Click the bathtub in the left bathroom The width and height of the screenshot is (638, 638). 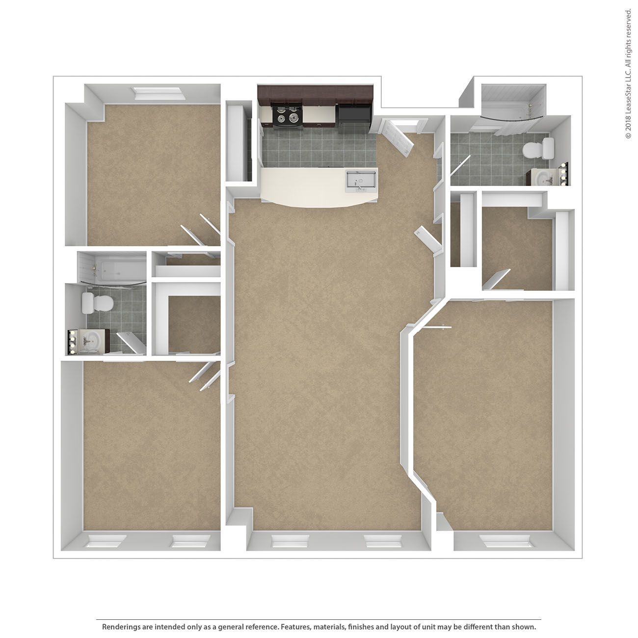(x=113, y=269)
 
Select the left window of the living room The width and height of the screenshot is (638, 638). (x=291, y=541)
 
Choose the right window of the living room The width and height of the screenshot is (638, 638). (x=383, y=541)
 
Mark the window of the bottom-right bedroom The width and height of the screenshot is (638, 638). (x=505, y=541)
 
